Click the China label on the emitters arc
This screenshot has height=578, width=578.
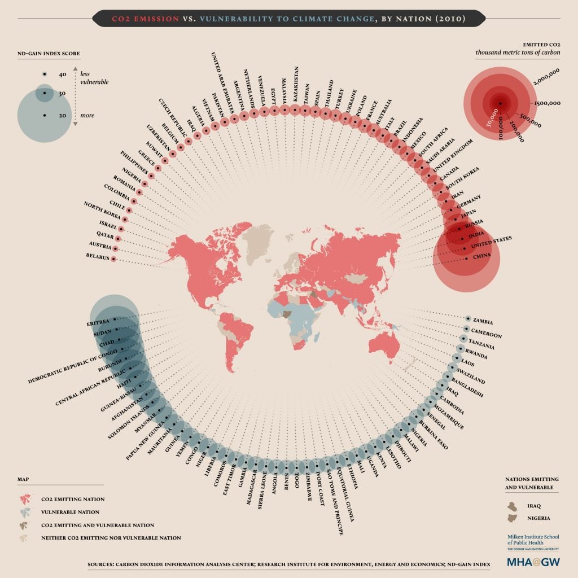483,257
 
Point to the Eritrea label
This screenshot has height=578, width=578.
98,323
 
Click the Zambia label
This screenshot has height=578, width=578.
487,322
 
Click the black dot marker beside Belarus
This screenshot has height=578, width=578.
113,259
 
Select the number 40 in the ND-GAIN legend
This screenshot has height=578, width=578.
63,75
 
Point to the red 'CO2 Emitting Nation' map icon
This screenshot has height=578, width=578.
25,499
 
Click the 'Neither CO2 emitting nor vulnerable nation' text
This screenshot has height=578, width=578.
111,538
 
